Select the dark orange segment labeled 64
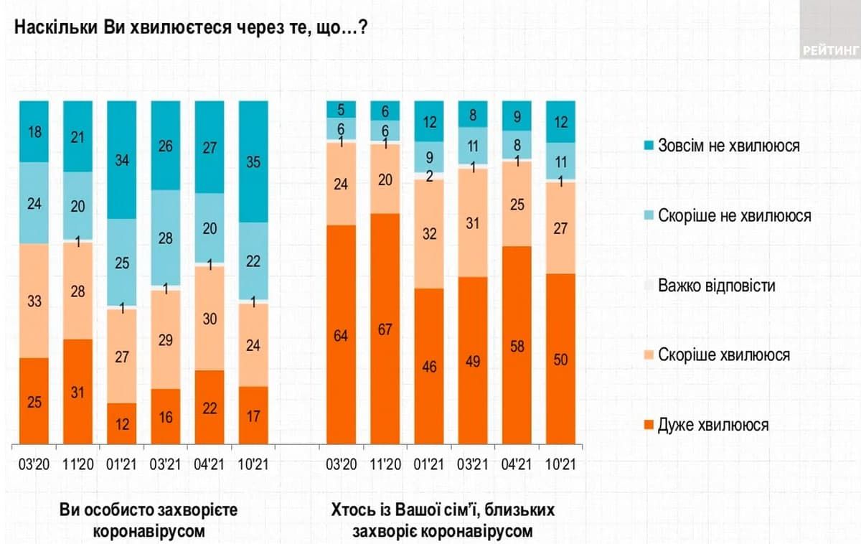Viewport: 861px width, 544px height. coord(341,334)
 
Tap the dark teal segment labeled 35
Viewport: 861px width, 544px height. coord(253,161)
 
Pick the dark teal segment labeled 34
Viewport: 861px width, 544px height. coord(122,159)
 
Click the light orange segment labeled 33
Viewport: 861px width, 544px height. coord(34,301)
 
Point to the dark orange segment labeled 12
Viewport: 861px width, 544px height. coord(122,423)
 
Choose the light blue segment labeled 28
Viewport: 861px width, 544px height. coord(166,238)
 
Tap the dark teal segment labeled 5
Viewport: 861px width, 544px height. coord(341,109)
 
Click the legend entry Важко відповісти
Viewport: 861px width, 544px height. coord(717,286)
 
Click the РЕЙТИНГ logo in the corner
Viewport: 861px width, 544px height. coord(831,50)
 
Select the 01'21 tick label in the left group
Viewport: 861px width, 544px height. coord(122,464)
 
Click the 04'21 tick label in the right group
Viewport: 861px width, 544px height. coord(516,464)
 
